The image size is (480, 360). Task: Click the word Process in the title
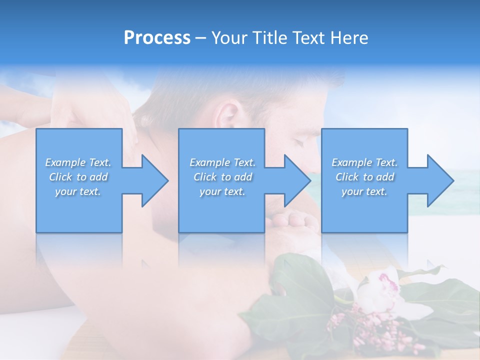click(x=157, y=38)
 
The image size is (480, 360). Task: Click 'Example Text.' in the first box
click(x=78, y=162)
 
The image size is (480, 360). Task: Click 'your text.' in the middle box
click(x=222, y=191)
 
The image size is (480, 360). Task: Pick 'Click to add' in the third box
click(x=364, y=177)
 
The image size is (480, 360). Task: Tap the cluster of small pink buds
click(x=350, y=325)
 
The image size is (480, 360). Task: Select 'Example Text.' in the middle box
click(x=222, y=162)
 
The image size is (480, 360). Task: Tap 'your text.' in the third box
click(x=364, y=191)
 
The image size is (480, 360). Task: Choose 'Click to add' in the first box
click(x=78, y=177)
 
